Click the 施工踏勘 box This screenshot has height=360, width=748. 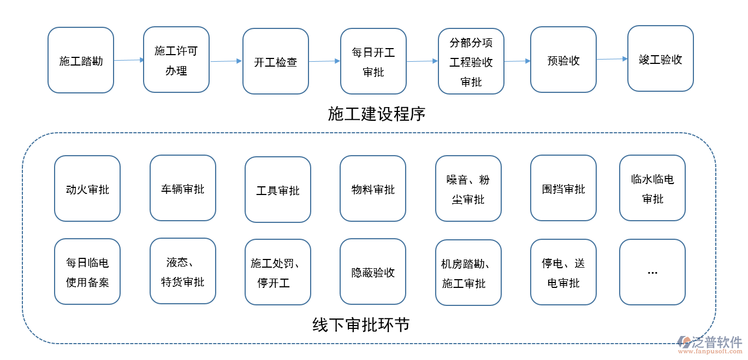point(81,60)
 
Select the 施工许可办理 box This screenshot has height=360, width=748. point(176,60)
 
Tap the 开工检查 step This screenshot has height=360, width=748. point(276,61)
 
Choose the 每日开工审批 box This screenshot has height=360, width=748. point(373,61)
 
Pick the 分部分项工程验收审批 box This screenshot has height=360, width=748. point(471,61)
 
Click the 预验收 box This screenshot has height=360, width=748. point(563,60)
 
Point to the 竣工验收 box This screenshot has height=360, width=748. point(661,58)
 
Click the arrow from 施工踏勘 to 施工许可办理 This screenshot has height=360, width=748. point(129,60)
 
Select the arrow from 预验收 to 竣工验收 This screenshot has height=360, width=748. point(612,59)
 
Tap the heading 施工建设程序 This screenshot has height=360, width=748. point(377,114)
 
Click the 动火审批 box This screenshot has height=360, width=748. point(87,188)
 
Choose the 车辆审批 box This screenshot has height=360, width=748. point(183,188)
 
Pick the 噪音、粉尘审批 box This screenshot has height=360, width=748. point(468,188)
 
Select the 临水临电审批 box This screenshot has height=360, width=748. point(652,188)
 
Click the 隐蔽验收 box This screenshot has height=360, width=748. point(373,272)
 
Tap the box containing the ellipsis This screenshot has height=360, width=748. point(652,272)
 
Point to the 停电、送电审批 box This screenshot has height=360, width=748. point(563,272)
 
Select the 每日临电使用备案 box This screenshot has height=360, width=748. point(87,272)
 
